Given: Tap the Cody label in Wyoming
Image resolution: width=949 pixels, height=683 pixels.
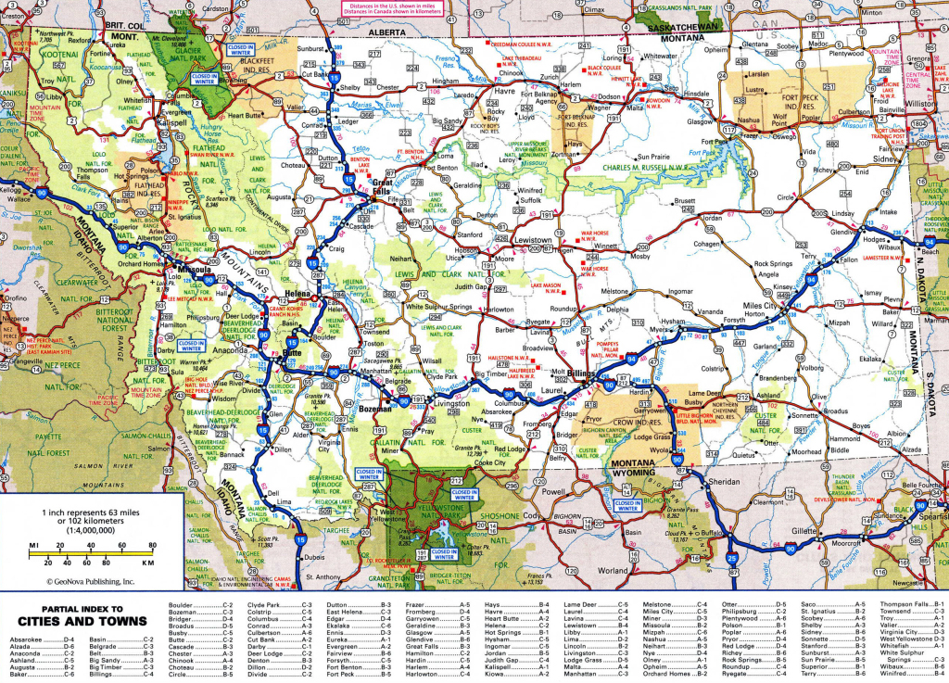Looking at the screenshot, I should (x=531, y=514).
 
